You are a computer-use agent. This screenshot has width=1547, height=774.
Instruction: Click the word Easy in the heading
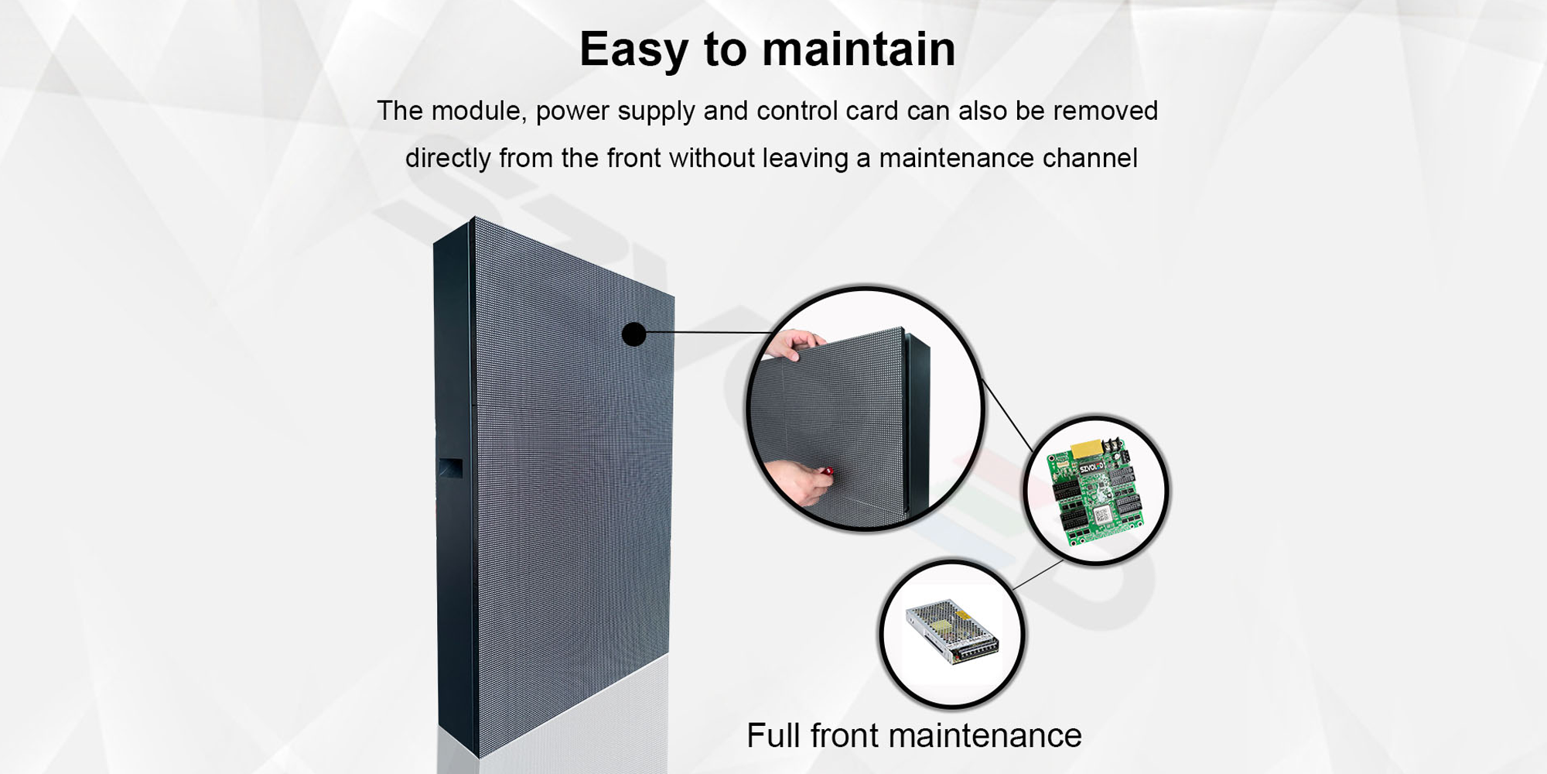tap(633, 50)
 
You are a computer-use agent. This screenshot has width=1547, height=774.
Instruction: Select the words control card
tap(828, 111)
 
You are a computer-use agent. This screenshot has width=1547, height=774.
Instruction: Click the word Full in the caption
tap(774, 735)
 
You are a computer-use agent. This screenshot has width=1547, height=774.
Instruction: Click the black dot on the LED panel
tap(633, 334)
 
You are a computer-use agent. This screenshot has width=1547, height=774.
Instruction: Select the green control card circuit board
tap(1095, 491)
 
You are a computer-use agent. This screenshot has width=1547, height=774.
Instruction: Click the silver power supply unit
tap(952, 632)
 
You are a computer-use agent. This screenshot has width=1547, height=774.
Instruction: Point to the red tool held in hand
tap(827, 471)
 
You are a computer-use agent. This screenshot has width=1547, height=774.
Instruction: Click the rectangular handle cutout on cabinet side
tap(451, 467)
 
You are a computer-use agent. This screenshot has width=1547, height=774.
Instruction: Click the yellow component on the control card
tap(1088, 447)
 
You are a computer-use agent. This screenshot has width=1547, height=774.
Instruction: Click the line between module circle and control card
tap(1007, 416)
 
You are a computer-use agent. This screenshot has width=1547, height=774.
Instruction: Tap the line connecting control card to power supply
tap(1037, 575)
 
